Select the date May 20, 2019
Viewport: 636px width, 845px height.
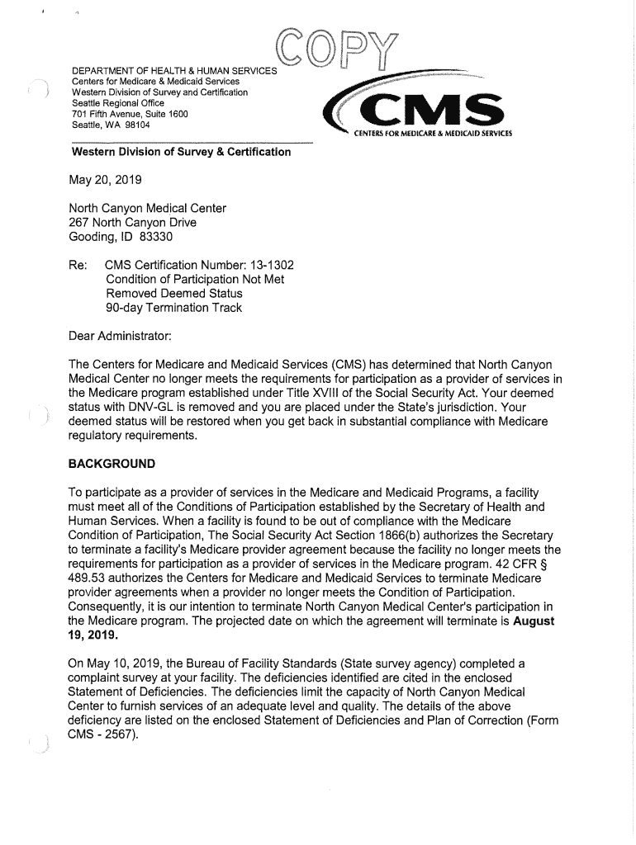pos(107,180)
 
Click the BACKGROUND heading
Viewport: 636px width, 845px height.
pos(112,462)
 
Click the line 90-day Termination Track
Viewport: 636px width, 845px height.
pos(174,308)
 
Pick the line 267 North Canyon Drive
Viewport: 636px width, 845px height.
pos(133,223)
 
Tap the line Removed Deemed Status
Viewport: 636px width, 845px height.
pos(174,294)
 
